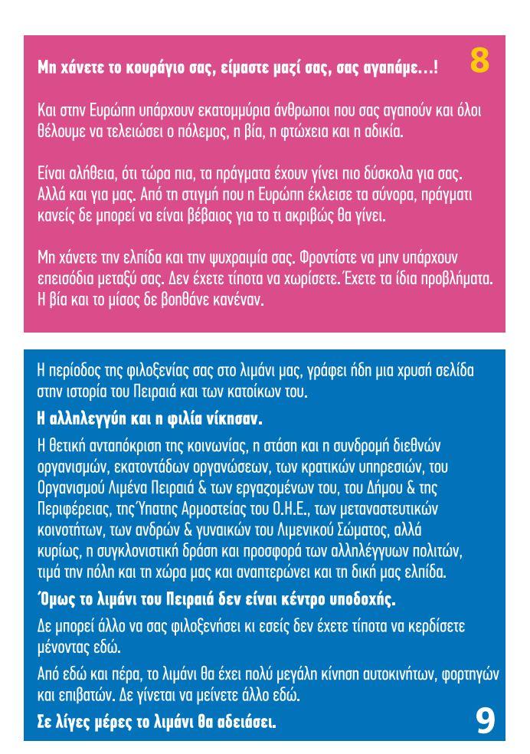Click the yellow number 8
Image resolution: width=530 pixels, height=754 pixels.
coord(479,61)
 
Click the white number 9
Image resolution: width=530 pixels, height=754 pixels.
coord(485,720)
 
